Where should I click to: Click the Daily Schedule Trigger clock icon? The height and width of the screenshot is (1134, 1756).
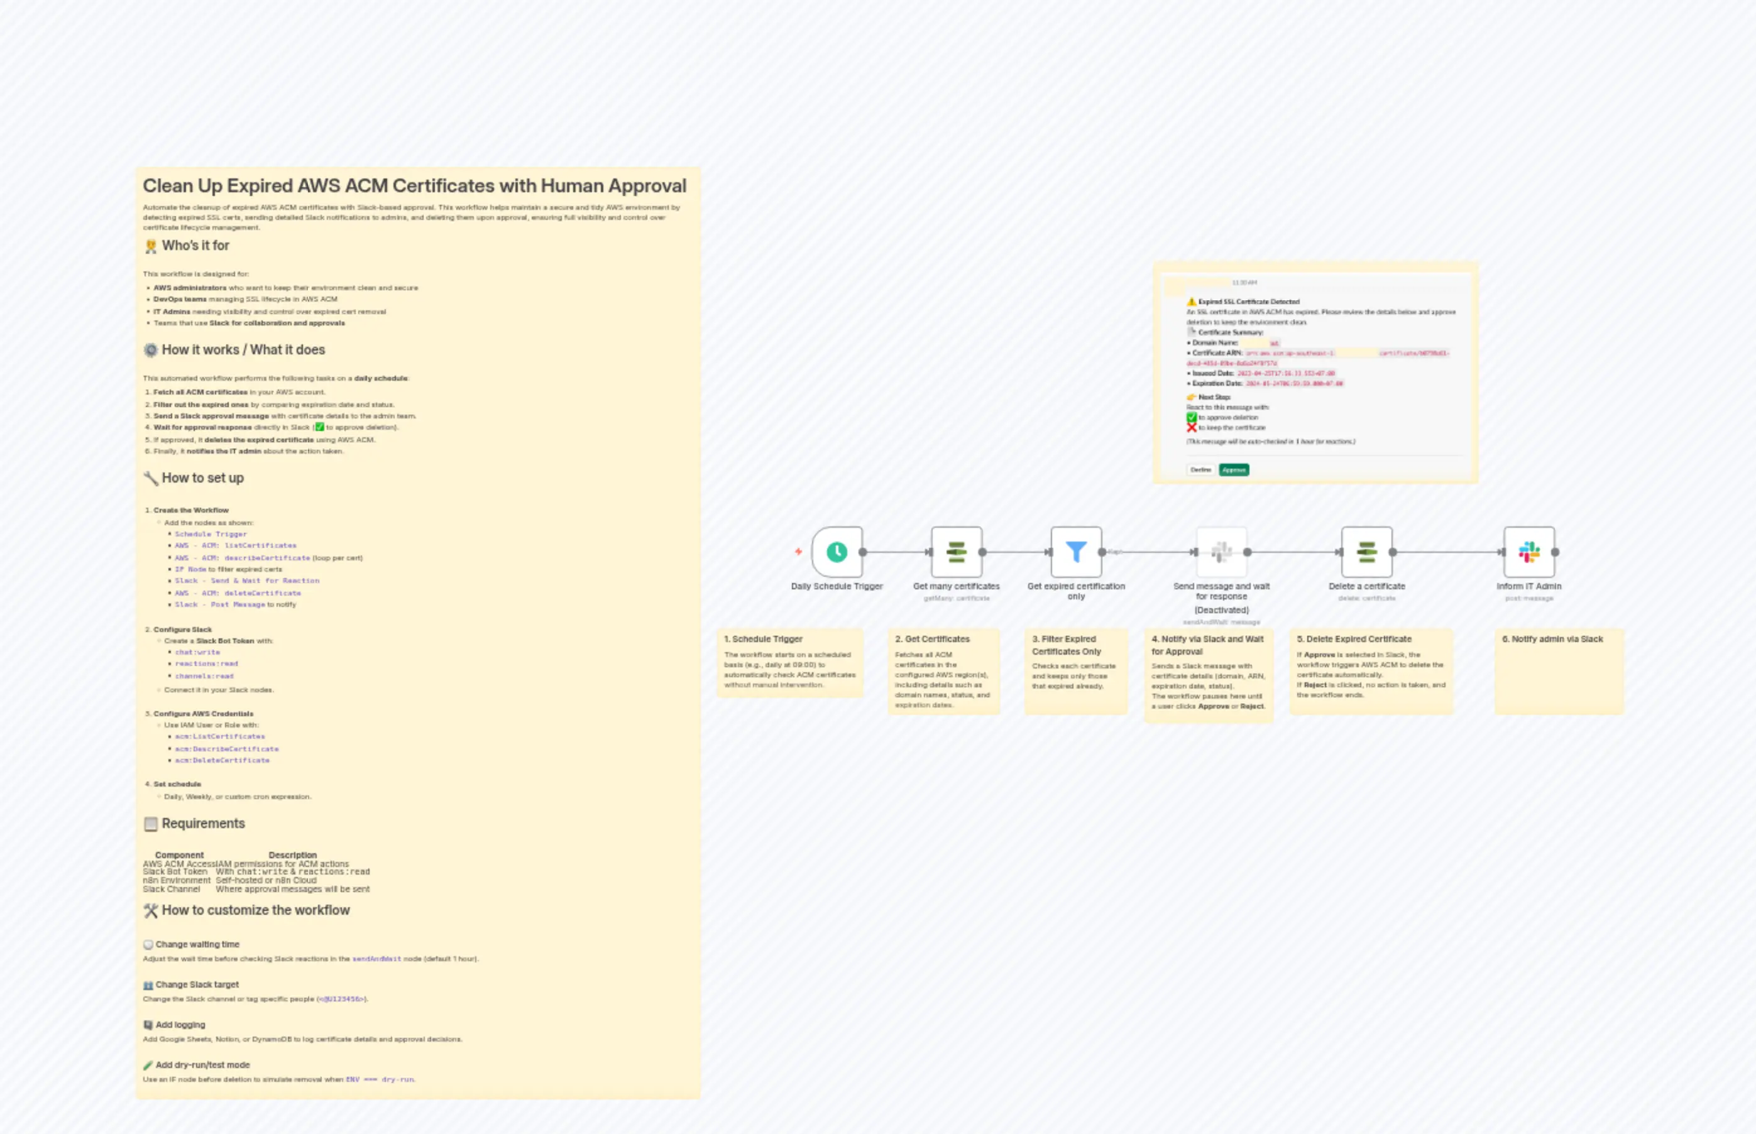(x=837, y=552)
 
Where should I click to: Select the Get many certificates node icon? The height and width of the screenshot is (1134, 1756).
(x=956, y=552)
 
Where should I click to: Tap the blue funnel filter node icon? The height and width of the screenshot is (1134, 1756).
(x=1075, y=552)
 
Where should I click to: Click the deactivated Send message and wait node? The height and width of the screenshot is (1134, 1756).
(x=1221, y=552)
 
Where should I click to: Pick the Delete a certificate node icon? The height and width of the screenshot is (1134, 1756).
(x=1366, y=552)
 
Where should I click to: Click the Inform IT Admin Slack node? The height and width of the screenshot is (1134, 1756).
(x=1529, y=552)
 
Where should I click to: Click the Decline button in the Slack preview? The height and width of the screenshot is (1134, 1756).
(x=1200, y=470)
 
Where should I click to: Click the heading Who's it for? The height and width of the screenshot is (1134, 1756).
(x=195, y=246)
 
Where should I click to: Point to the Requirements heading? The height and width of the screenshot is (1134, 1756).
(x=202, y=823)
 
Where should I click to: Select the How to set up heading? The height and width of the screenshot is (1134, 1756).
(x=202, y=478)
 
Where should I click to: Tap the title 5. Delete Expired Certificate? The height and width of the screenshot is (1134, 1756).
(x=1354, y=639)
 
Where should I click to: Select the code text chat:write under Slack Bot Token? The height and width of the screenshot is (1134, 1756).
(x=197, y=652)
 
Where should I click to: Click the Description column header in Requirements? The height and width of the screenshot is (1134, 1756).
(x=292, y=855)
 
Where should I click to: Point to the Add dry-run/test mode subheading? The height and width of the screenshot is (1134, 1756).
(x=202, y=1065)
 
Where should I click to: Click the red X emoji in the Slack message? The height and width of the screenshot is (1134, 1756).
(x=1191, y=428)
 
